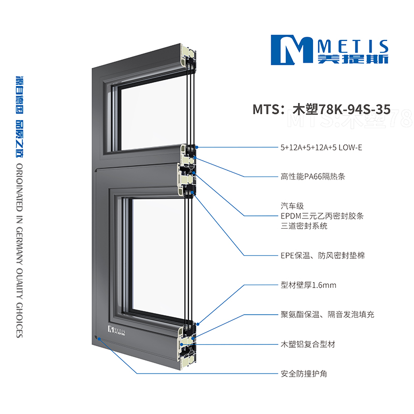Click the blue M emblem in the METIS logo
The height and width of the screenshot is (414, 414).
292,50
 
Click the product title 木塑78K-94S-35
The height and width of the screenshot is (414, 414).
342,109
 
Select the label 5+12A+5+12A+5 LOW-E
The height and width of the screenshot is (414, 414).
321,147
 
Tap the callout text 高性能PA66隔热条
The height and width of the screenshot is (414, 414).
313,176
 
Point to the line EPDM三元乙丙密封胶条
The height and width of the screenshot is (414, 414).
322,216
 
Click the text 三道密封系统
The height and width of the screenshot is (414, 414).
304,226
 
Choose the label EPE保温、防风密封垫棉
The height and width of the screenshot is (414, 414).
322,255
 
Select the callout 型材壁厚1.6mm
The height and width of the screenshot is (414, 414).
308,285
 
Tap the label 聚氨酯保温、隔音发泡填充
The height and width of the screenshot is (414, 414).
328,315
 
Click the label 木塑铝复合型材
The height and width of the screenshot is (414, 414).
308,344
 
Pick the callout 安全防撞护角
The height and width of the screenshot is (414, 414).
304,374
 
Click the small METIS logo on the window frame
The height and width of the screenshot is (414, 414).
116,331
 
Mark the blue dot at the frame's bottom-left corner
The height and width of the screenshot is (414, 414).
99,338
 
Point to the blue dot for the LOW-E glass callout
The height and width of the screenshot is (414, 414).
197,147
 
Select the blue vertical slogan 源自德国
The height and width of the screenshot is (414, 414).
20,95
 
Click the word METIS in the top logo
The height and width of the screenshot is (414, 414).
353,47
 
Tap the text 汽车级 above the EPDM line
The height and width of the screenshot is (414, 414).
292,206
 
